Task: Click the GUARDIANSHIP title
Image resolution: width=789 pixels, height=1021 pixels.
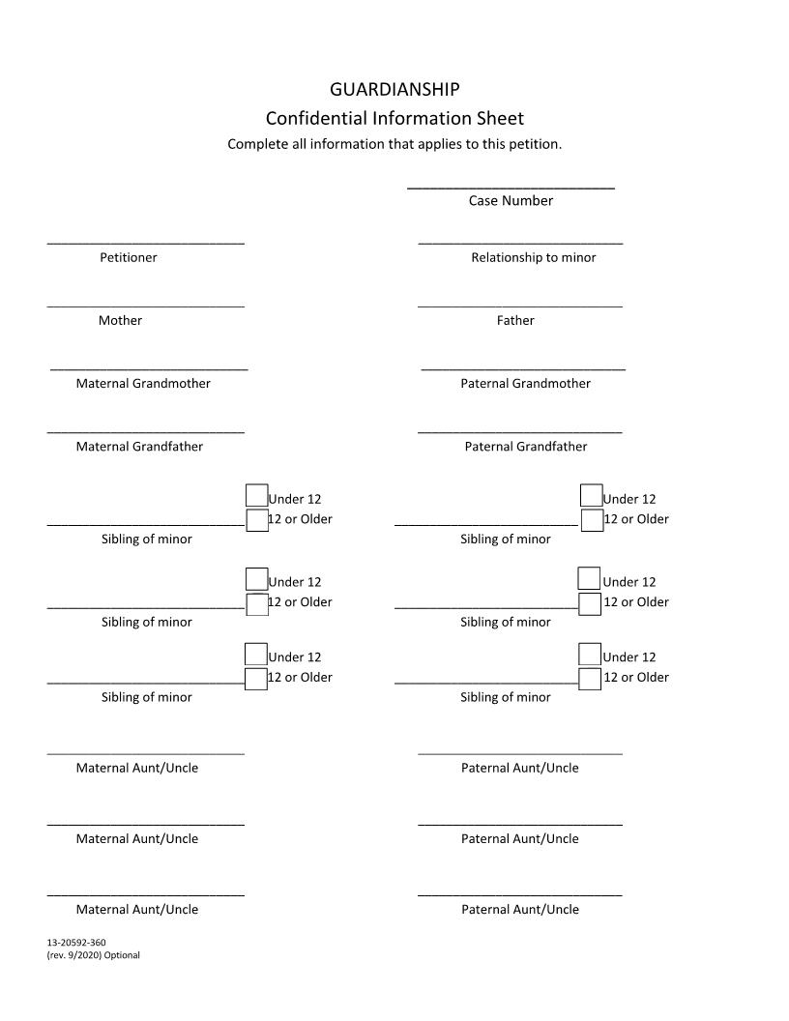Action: (x=394, y=90)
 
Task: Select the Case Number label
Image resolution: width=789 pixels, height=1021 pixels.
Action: (x=511, y=201)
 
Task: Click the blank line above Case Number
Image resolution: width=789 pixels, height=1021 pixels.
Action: (x=511, y=187)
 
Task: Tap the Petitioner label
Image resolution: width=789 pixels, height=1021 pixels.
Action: (x=128, y=258)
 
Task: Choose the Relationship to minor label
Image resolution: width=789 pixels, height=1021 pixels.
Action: (x=533, y=258)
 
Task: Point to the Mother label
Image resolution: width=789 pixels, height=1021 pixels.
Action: (x=120, y=321)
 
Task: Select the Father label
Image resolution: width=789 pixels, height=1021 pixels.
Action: (x=515, y=321)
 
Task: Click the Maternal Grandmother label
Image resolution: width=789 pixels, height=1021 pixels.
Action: (x=143, y=384)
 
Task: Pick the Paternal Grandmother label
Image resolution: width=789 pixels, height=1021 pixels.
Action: (x=525, y=384)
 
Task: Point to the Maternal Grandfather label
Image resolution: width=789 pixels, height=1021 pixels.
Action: (x=139, y=447)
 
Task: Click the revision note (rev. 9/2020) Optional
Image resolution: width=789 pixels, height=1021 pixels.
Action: (x=93, y=955)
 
